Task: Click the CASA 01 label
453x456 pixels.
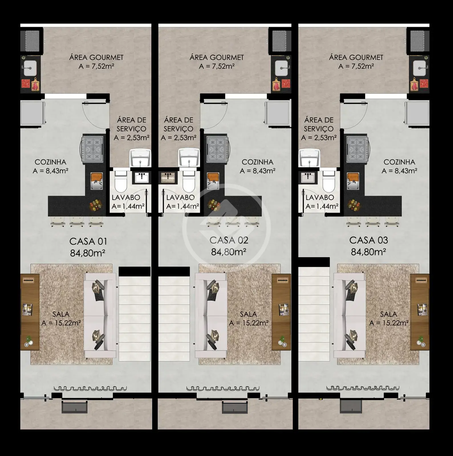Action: (x=88, y=241)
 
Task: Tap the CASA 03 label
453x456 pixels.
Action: (x=369, y=240)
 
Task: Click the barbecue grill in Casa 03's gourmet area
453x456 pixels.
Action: (x=420, y=40)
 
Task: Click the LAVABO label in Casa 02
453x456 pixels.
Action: (x=180, y=197)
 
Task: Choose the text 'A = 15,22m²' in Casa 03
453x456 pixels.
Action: (x=389, y=323)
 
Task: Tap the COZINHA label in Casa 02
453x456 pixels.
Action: (x=257, y=162)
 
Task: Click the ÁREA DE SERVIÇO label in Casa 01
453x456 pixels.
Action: (x=131, y=124)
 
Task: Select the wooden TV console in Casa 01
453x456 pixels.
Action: (x=30, y=312)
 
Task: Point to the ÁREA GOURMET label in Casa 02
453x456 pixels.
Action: (x=217, y=57)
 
